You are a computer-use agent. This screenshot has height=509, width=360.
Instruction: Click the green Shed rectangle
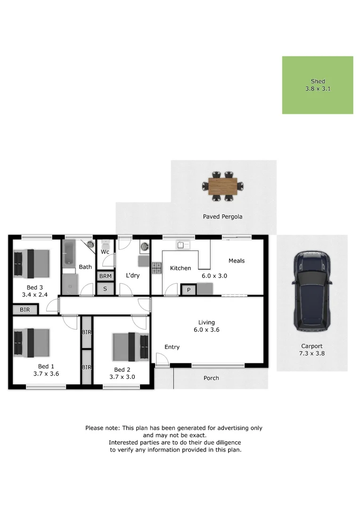318,85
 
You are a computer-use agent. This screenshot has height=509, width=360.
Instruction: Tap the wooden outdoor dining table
223,186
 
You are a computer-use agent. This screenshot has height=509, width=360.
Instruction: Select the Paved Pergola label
223,216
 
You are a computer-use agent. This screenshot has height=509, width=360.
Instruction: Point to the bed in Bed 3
32,263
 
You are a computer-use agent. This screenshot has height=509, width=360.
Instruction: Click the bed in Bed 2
131,347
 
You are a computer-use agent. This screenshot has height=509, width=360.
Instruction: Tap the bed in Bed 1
32,343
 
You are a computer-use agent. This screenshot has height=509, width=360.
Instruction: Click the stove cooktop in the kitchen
156,268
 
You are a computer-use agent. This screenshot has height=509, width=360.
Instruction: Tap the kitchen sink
183,245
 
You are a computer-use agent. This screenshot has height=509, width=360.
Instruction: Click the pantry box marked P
188,290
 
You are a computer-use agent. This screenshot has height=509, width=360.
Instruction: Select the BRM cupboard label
106,276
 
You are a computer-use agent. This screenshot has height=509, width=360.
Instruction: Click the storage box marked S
105,288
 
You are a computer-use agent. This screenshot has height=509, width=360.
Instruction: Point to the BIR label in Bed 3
25,310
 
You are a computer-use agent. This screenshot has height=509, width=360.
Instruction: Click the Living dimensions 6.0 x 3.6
206,330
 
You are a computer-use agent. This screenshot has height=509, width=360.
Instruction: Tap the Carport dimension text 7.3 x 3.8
311,353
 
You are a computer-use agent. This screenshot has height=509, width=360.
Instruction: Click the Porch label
211,378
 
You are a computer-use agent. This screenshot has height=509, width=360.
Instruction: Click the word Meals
237,261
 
